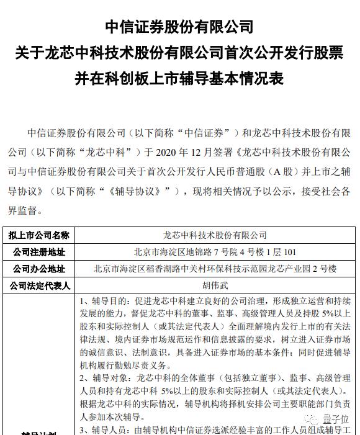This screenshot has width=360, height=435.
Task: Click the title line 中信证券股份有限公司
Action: click(x=179, y=27)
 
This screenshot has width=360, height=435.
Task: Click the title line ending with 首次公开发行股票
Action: click(x=179, y=54)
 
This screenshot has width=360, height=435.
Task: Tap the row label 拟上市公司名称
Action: click(x=38, y=236)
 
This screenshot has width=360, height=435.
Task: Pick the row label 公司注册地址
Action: click(x=38, y=253)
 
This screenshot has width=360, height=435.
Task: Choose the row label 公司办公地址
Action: click(x=38, y=269)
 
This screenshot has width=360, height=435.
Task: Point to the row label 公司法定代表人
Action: click(x=38, y=286)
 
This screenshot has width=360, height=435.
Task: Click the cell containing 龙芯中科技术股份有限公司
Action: click(x=214, y=236)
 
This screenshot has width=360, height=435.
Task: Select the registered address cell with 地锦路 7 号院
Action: click(x=214, y=253)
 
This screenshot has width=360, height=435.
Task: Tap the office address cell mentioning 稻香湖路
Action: click(x=214, y=269)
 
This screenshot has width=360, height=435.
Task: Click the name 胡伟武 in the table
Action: click(x=214, y=286)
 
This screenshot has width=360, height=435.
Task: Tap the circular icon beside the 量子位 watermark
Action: click(x=315, y=420)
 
